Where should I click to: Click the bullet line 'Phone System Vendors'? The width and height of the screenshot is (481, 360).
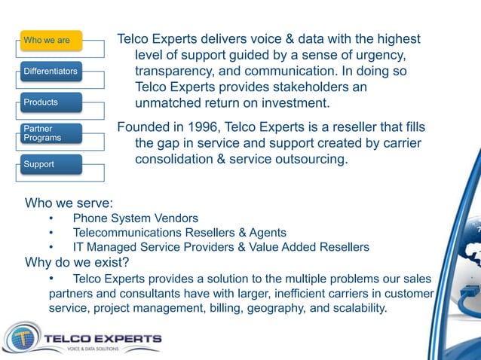(x=136, y=218)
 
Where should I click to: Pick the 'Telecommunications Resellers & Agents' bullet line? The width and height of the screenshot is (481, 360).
(x=179, y=233)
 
